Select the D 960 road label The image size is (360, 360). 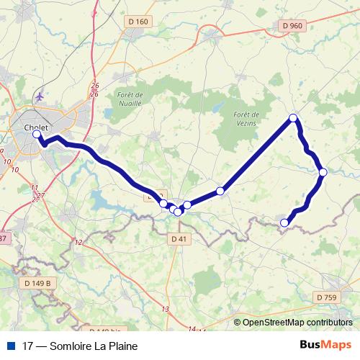tap(292, 25)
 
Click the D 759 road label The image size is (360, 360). tap(325, 297)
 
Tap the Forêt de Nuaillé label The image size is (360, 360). tap(130, 99)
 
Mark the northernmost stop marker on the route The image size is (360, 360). tap(293, 117)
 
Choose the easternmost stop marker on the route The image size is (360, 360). tap(323, 171)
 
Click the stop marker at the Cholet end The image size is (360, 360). tap(37, 134)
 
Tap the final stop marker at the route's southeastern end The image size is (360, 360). tap(284, 222)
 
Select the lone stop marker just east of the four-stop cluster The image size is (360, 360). tap(220, 191)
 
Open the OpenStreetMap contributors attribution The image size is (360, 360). tap(297, 323)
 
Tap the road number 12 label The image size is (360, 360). tap(78, 242)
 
